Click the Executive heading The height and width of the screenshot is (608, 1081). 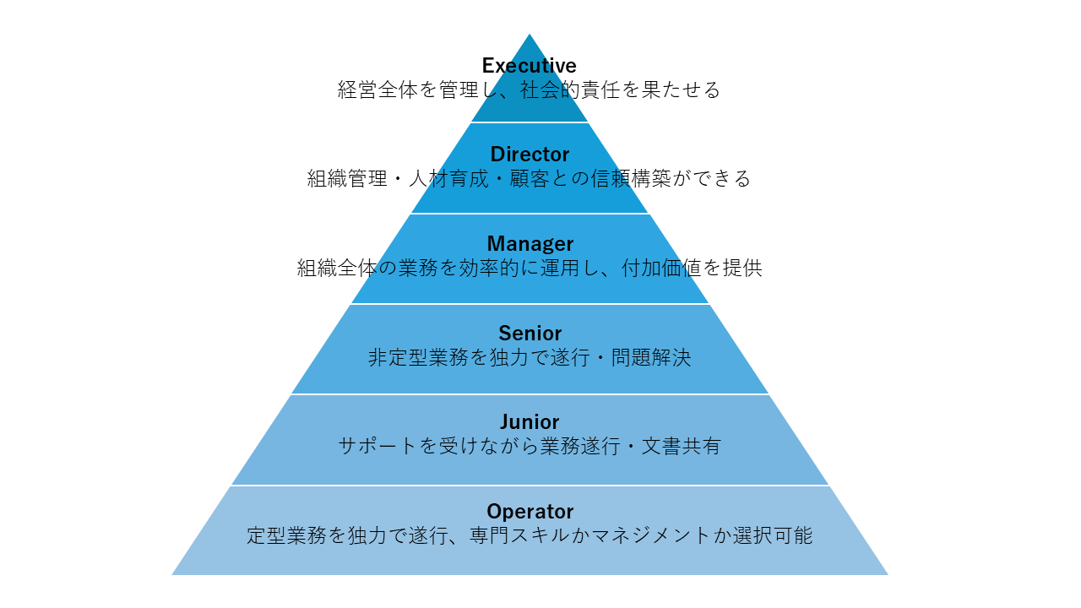530,66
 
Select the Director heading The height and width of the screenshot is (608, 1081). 530,155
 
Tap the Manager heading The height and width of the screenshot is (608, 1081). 530,244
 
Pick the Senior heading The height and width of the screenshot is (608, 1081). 530,333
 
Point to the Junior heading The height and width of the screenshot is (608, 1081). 530,422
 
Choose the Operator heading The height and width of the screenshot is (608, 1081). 530,512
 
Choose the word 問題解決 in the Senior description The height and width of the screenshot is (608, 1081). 650,358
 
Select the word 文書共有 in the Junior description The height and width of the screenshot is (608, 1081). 681,447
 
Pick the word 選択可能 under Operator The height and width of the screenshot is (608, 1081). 772,536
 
